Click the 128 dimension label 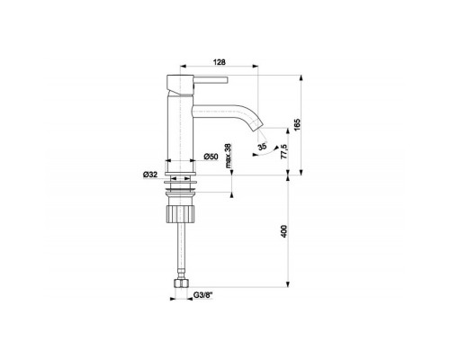pos(219,62)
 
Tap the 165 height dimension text pos(297,124)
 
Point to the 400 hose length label pos(283,231)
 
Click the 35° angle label pos(262,147)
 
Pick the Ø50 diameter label pos(211,157)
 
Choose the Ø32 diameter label pos(150,175)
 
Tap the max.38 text pos(228,156)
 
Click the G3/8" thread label pos(202,295)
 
